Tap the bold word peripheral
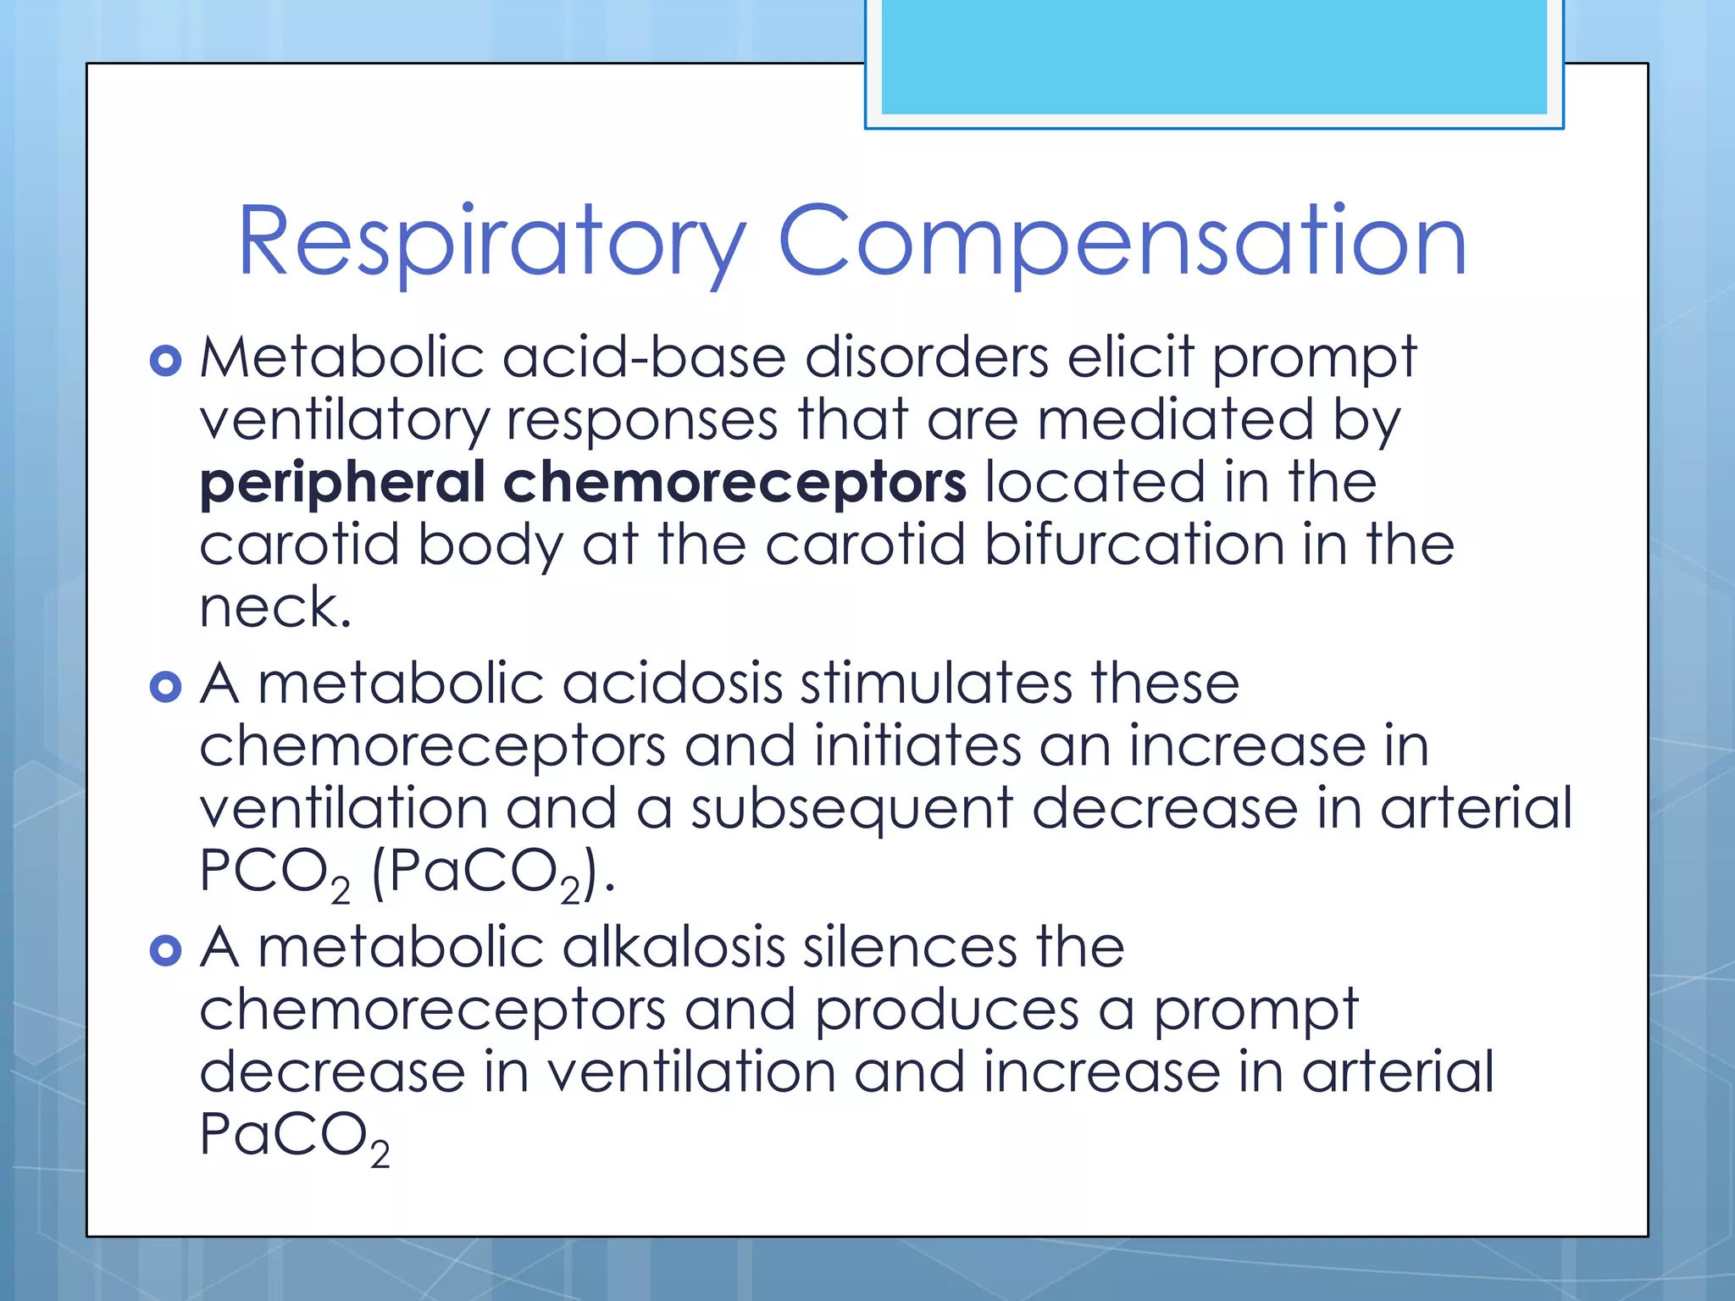point(342,483)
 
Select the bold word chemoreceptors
point(734,483)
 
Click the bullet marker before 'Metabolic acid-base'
point(165,360)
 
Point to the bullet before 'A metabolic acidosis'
point(165,686)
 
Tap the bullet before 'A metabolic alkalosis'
point(165,950)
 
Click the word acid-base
point(644,357)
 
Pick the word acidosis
point(672,684)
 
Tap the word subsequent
point(851,808)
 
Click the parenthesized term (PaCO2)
point(492,872)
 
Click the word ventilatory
point(344,421)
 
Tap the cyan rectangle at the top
point(1213,56)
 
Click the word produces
point(947,1010)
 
